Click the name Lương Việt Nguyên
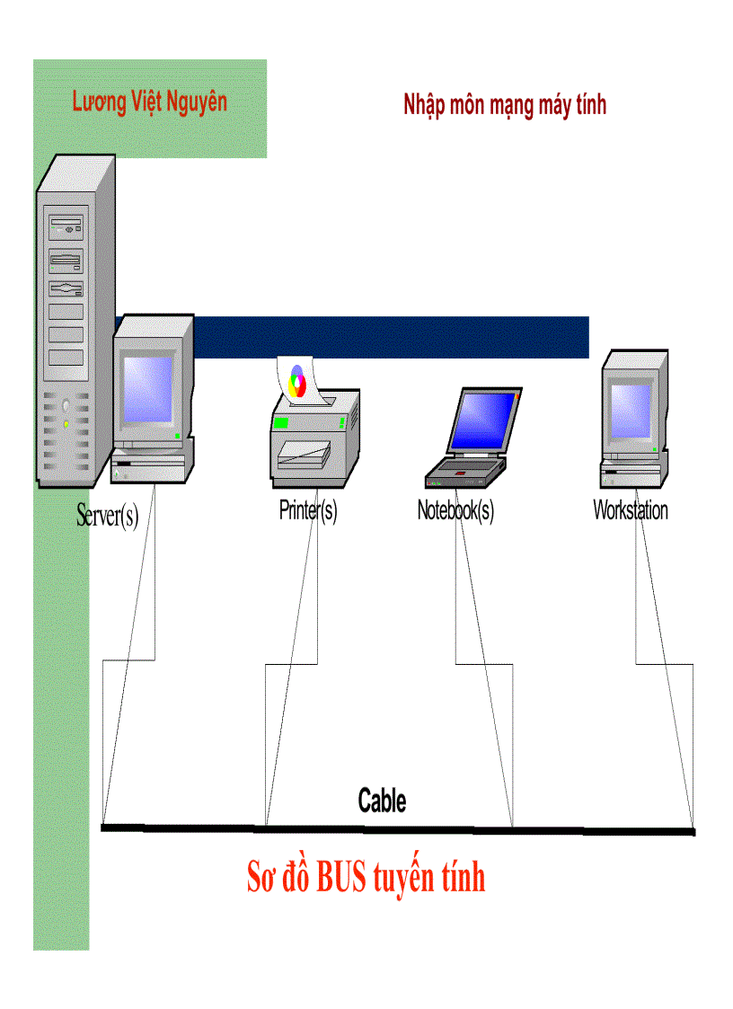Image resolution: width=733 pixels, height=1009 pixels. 149,101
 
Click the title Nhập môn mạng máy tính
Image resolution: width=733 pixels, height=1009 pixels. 505,105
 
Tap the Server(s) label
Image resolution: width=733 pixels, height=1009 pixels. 108,516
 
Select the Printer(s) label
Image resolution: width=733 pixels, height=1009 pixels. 308,510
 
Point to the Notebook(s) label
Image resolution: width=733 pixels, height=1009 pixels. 455,510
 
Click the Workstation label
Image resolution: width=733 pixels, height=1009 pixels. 631,510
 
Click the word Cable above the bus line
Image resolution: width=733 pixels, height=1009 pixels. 382,800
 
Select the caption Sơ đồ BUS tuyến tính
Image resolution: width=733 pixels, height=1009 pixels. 366,877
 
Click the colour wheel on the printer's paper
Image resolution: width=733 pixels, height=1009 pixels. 297,380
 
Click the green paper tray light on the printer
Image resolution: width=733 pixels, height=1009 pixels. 282,422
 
